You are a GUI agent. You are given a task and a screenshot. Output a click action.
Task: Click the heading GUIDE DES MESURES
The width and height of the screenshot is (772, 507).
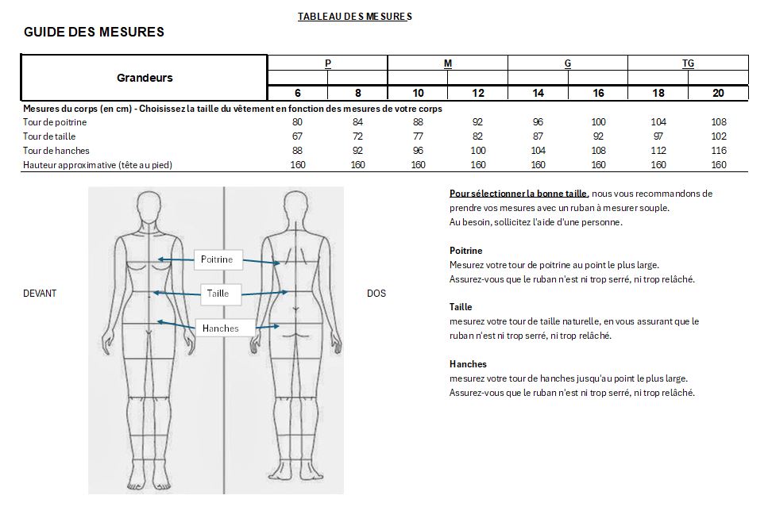[94, 33]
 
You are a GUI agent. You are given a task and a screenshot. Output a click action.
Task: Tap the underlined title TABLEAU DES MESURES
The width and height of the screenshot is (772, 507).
[354, 16]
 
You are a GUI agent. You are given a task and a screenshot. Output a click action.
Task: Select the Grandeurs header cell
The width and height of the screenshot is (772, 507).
[145, 78]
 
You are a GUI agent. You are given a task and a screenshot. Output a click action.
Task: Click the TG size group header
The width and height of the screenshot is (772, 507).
[688, 63]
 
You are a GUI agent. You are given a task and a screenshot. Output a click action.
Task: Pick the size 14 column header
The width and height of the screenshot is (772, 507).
[538, 94]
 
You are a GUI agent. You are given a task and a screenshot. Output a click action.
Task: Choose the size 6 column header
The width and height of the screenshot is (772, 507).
[298, 94]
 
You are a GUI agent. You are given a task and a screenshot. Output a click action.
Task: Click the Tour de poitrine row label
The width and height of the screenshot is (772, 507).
[55, 122]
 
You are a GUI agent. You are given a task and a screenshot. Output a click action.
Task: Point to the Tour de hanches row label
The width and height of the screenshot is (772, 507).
[56, 151]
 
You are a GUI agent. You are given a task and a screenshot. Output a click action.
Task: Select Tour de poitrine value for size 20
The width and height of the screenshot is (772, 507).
[718, 122]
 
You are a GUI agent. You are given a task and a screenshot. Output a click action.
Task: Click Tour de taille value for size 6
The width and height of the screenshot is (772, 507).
[298, 136]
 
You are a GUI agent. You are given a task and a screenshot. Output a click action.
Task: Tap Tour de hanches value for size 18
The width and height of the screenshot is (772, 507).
[658, 151]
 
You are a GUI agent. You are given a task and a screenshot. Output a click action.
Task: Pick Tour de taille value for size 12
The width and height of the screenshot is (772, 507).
[478, 136]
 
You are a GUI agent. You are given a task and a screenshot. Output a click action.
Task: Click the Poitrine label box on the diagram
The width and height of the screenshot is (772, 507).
[217, 259]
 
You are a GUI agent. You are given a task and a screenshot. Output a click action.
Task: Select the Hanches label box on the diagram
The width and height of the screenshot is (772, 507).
[221, 328]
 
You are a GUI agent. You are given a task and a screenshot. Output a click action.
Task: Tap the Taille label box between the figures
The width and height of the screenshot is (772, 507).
[218, 294]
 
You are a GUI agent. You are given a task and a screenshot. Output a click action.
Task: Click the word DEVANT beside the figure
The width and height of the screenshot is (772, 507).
[40, 294]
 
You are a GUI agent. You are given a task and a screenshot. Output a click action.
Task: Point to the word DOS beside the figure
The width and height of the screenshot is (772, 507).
[376, 294]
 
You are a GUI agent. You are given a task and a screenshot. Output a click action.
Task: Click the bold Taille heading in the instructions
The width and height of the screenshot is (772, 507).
[461, 307]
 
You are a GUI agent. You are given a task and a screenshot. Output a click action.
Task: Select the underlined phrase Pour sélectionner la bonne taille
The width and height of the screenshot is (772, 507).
[519, 194]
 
